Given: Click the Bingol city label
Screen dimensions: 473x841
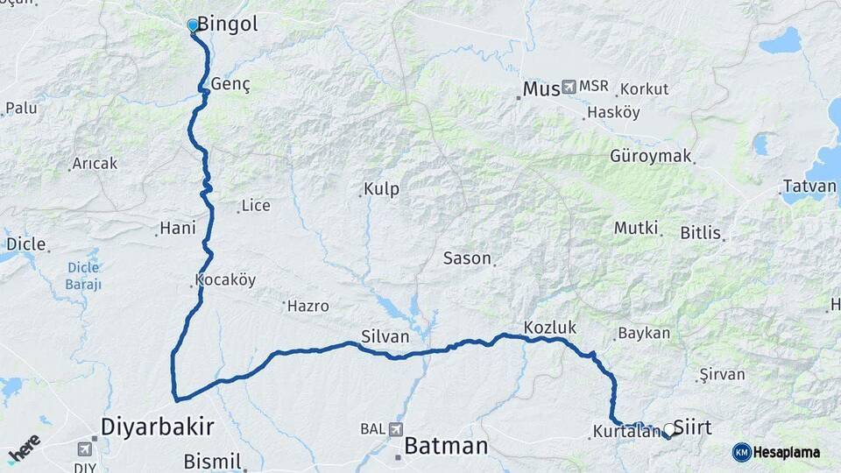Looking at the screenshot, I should click(x=228, y=25).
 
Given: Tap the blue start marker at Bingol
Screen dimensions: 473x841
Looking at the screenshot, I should click(x=193, y=25).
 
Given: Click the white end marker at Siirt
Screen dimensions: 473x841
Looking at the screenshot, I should click(x=669, y=430).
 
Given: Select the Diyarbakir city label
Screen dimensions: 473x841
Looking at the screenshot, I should click(x=158, y=427).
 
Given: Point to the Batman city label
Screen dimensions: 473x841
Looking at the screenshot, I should click(x=445, y=446).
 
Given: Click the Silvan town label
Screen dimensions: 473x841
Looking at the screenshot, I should click(x=385, y=335).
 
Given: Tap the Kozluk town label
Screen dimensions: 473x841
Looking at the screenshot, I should click(x=550, y=328).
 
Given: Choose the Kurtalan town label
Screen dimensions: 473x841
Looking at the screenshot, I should click(x=625, y=432).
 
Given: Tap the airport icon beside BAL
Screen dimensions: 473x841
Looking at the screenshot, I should click(x=395, y=429).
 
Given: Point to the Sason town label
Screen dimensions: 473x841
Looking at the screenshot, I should click(x=467, y=258).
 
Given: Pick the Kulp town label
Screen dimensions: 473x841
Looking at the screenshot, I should click(x=382, y=190).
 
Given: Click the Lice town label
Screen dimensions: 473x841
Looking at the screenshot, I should click(x=256, y=206).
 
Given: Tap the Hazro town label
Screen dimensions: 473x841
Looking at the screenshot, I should click(x=308, y=306).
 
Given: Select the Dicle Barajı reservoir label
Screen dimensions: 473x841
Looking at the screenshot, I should click(x=84, y=276).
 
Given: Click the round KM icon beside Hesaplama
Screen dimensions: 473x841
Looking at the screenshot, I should click(x=741, y=451).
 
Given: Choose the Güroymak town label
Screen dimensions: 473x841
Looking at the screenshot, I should click(x=651, y=157).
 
